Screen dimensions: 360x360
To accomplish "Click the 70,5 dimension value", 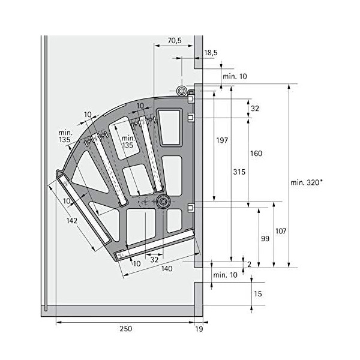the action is click(x=175, y=41).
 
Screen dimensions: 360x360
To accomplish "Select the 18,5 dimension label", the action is click(x=211, y=53).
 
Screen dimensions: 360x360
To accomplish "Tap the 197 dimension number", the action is click(x=222, y=140).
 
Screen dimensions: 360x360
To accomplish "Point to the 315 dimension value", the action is click(x=239, y=172).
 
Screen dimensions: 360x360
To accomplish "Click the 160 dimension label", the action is click(x=256, y=154).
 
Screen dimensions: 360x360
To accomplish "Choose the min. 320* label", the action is click(x=307, y=182).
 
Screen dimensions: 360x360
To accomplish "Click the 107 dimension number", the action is click(x=281, y=231).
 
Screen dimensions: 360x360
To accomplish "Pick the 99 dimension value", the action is click(x=265, y=239).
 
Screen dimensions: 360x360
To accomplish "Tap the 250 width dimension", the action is click(x=125, y=329).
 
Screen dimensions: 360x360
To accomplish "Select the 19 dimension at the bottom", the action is click(x=199, y=329).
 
